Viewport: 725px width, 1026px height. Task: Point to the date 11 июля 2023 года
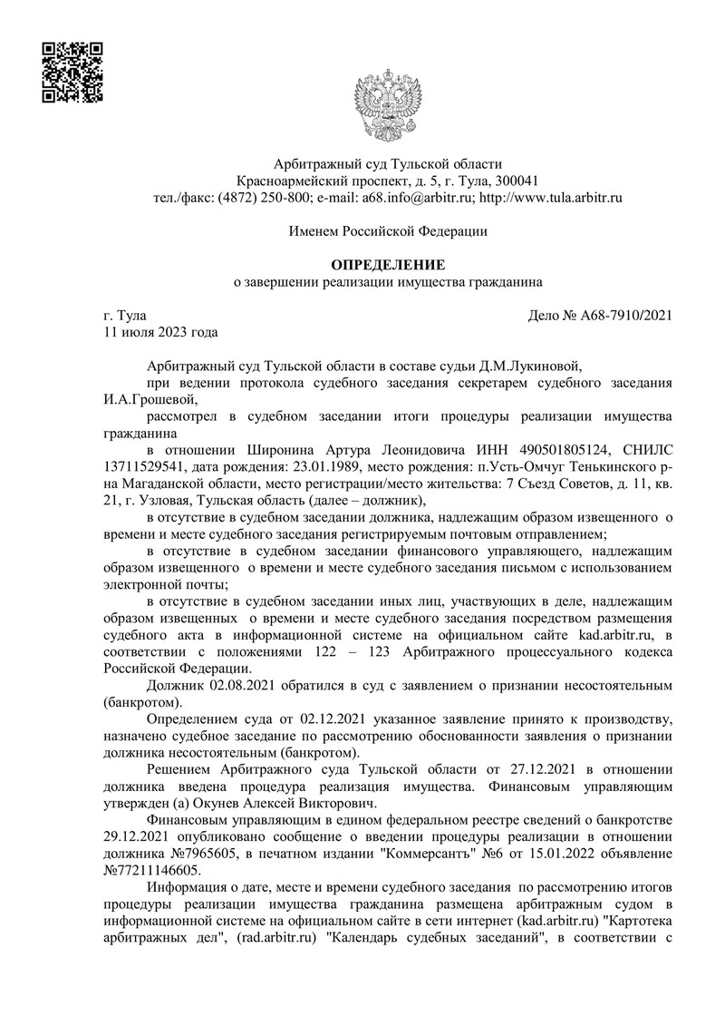click(x=161, y=332)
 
